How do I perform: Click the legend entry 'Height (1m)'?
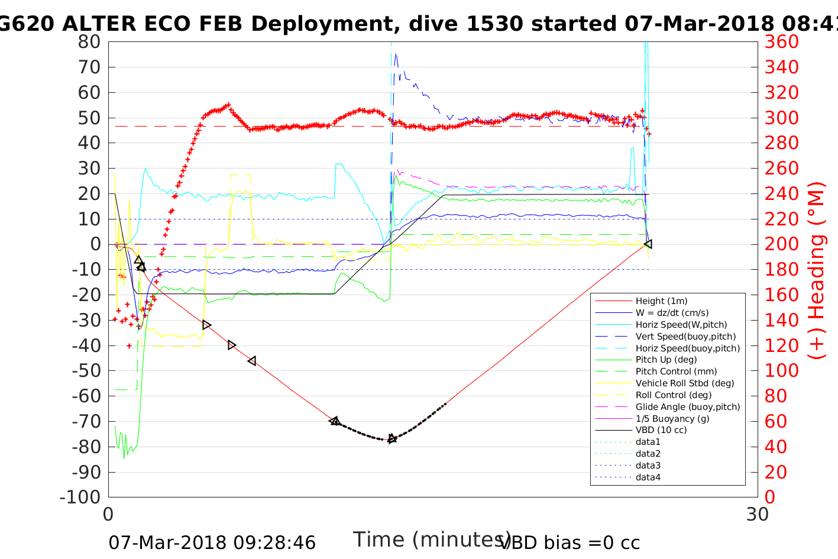(661, 301)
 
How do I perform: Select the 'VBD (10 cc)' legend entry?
(661, 430)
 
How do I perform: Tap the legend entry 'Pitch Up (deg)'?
(666, 360)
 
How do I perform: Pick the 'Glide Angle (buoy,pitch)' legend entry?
(687, 407)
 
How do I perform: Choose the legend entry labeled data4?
(648, 477)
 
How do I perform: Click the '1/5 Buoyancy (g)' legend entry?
(672, 419)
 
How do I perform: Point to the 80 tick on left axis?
(89, 42)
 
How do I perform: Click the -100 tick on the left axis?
(80, 497)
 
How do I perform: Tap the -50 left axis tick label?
(86, 370)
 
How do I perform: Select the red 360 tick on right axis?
(781, 42)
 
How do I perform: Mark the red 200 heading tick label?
(781, 244)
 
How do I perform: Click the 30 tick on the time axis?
(757, 515)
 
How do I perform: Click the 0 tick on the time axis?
(108, 515)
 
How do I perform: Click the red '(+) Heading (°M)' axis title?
(817, 270)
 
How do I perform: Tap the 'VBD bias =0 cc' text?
(570, 542)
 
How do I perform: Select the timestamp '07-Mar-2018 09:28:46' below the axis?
(212, 542)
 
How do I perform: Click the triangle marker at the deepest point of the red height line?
(392, 439)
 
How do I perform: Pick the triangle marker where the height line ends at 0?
(648, 244)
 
